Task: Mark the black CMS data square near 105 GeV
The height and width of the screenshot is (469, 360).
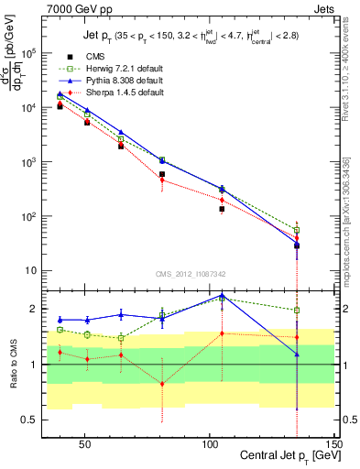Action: tap(222, 209)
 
